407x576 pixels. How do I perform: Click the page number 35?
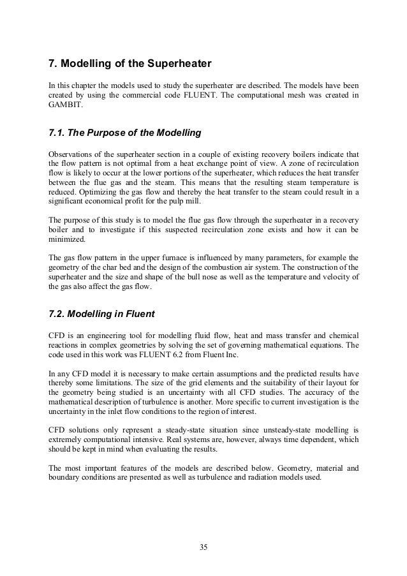[203, 547]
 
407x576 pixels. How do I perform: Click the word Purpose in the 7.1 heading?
[110, 133]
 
